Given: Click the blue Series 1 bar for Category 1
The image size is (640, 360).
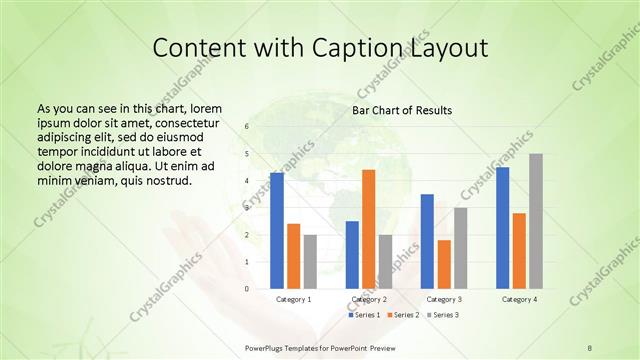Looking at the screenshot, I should [x=277, y=231].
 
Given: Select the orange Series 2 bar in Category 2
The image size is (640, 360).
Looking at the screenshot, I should [x=368, y=229].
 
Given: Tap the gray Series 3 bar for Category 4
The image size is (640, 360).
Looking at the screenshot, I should [x=535, y=221].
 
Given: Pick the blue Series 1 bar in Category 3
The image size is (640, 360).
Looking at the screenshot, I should [x=427, y=241].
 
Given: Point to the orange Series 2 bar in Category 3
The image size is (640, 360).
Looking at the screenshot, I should [x=444, y=264].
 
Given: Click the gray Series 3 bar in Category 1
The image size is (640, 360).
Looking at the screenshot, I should [x=310, y=262].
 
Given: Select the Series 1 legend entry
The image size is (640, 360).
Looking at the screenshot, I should [x=364, y=315].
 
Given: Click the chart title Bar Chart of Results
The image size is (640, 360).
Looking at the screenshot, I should [x=402, y=110].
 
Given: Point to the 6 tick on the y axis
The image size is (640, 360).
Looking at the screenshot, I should [x=246, y=127].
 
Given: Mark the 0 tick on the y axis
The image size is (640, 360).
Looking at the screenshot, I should [x=246, y=289].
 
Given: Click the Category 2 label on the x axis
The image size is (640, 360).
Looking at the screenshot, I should [x=369, y=299].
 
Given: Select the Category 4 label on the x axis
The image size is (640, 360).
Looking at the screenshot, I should [x=519, y=299].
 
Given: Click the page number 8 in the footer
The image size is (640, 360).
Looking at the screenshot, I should [x=589, y=347].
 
